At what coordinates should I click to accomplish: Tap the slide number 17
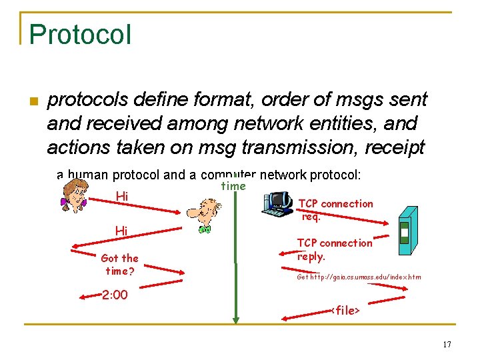tap(446, 344)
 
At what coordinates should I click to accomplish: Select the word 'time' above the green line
tap(233, 186)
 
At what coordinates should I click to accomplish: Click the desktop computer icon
tap(278, 203)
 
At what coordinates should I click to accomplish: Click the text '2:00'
tap(115, 295)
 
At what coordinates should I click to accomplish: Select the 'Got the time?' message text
tap(120, 264)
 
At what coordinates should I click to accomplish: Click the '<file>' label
tap(345, 311)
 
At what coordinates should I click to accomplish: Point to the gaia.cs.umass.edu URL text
tap(359, 277)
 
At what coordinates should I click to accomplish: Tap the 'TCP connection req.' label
tap(335, 209)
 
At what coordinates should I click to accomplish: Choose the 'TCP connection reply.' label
tap(335, 249)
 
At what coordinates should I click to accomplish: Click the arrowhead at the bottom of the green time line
tap(235, 320)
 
